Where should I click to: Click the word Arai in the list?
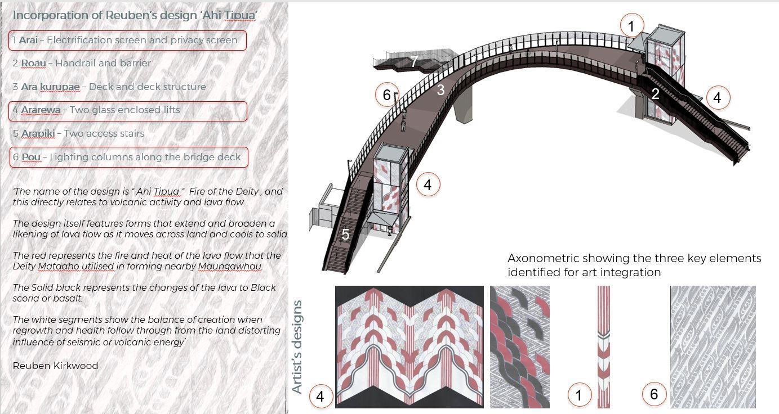(x=28, y=40)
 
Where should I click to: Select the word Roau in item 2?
(x=33, y=63)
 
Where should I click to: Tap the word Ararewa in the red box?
(x=41, y=110)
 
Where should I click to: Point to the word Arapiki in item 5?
(x=38, y=133)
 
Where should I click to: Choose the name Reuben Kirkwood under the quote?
(x=55, y=366)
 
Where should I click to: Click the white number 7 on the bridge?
(x=414, y=61)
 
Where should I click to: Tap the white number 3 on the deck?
(x=440, y=89)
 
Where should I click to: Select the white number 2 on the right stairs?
(x=655, y=94)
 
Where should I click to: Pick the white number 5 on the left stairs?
(x=345, y=234)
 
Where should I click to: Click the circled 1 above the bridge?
(x=631, y=26)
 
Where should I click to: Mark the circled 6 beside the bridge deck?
(x=386, y=95)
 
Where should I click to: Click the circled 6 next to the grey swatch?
(x=654, y=394)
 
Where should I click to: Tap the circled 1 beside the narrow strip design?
(x=578, y=395)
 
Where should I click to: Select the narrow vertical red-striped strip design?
(x=603, y=346)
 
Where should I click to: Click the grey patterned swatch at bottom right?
(x=713, y=346)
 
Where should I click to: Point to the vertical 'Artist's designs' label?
(x=297, y=346)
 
